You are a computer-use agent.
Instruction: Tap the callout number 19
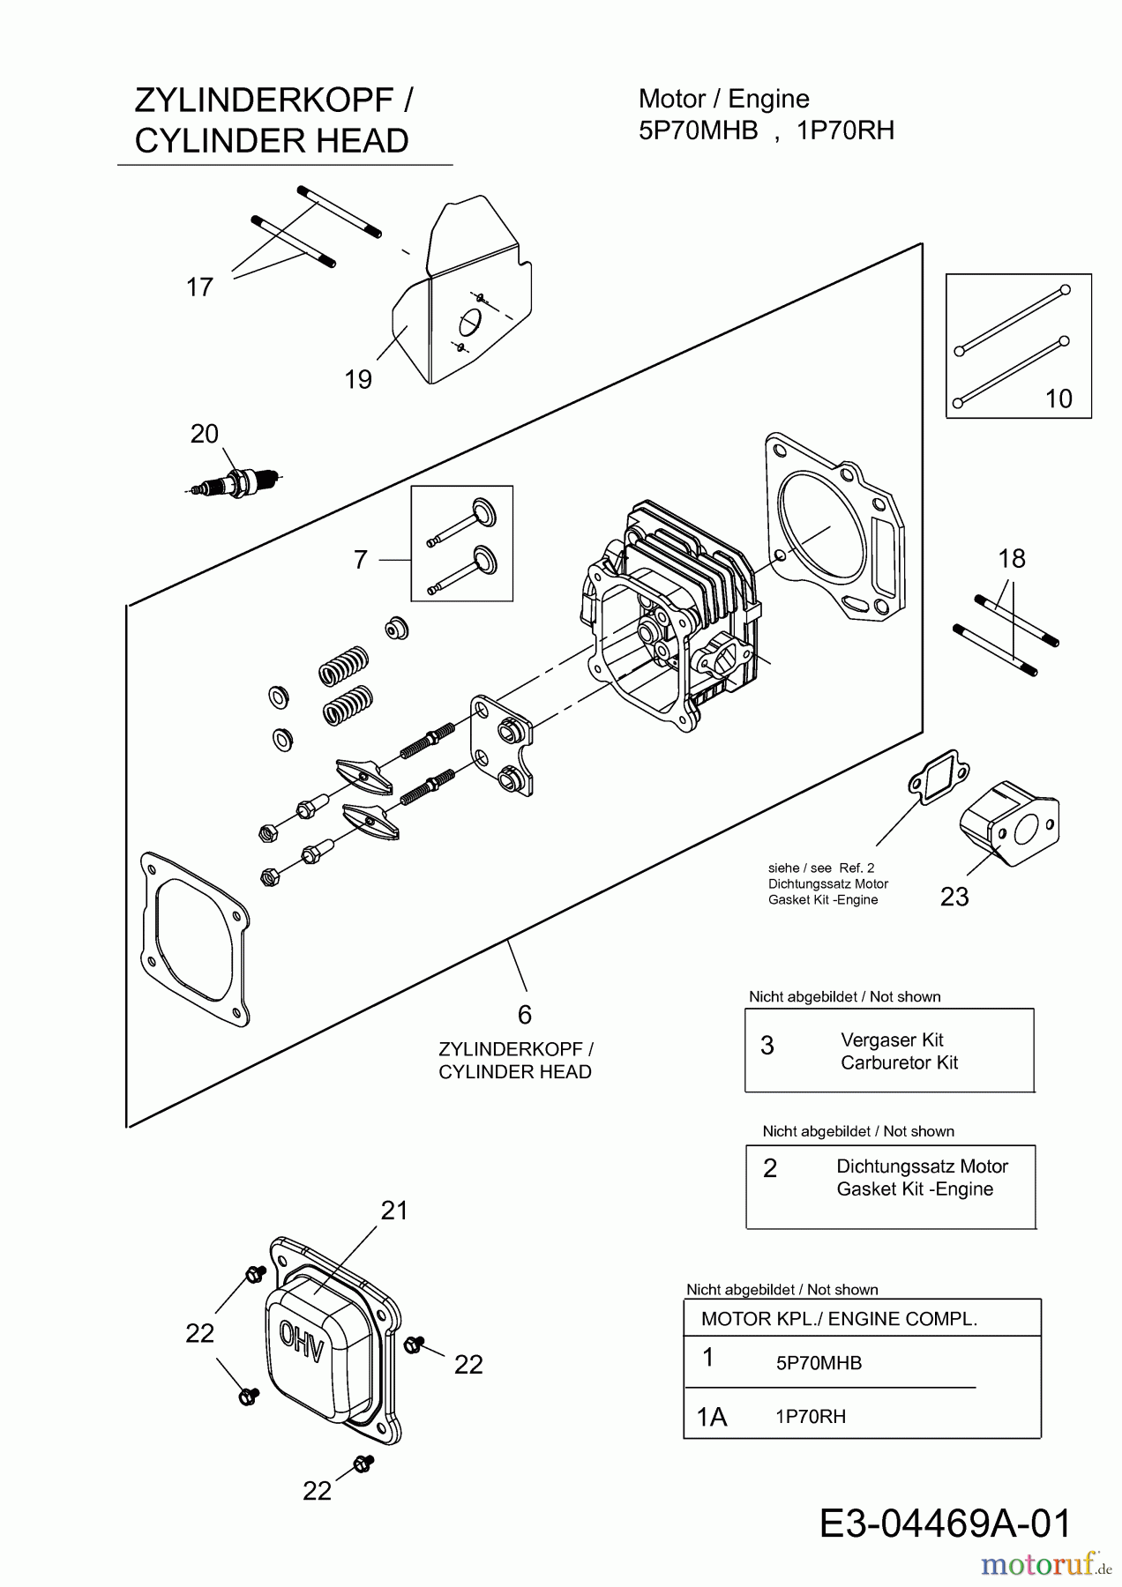click(x=358, y=379)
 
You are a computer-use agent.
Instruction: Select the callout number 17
click(x=200, y=287)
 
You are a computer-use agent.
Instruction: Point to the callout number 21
click(x=394, y=1211)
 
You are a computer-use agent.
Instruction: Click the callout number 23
click(x=954, y=897)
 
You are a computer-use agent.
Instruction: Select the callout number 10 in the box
click(x=1058, y=399)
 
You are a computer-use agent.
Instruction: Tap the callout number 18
click(x=1012, y=558)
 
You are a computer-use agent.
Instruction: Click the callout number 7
click(x=360, y=560)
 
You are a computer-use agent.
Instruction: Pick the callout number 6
click(x=525, y=1015)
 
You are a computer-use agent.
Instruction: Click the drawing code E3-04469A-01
click(x=946, y=1524)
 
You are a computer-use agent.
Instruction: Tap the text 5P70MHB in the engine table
click(x=819, y=1363)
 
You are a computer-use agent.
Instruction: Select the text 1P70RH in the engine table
click(x=811, y=1417)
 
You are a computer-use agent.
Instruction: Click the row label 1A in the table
click(x=712, y=1417)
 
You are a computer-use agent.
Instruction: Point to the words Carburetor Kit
click(x=899, y=1062)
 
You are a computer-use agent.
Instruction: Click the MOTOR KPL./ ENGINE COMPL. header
click(x=839, y=1319)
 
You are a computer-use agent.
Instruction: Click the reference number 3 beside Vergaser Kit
click(x=767, y=1046)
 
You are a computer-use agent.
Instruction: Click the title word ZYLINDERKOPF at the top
click(x=263, y=101)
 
